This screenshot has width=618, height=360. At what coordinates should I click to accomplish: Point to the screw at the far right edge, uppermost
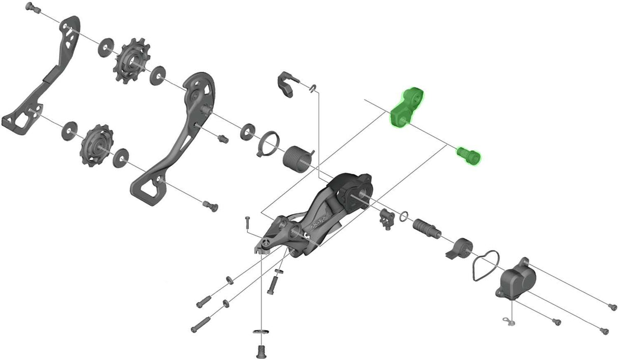coord(612,306)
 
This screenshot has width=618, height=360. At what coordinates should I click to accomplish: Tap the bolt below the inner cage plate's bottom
coord(210,206)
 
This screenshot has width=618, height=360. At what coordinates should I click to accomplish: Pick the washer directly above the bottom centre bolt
coord(260,334)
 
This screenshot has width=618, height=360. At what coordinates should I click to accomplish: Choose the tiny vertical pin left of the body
coord(247,223)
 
